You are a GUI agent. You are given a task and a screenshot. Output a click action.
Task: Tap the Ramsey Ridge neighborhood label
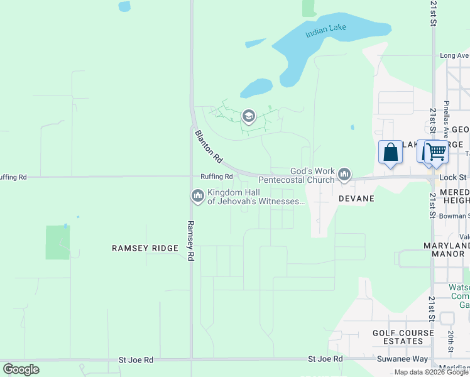click(145, 248)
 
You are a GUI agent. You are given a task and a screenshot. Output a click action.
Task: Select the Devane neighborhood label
click(356, 199)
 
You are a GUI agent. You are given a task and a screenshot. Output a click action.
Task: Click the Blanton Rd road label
click(208, 145)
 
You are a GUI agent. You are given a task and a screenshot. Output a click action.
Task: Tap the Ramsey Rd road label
click(190, 240)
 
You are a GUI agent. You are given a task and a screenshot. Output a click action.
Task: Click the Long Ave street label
click(454, 55)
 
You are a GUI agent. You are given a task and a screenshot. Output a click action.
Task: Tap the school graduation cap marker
click(249, 116)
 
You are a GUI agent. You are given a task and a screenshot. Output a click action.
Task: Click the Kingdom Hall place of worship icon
click(198, 196)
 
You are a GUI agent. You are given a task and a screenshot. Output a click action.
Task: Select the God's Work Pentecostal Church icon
click(344, 174)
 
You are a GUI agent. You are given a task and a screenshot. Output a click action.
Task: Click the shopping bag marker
click(390, 153)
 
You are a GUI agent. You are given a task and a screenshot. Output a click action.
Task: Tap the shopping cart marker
click(435, 152)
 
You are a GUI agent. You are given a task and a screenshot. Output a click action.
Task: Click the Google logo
click(21, 369)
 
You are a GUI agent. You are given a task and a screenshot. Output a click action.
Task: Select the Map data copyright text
click(431, 372)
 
